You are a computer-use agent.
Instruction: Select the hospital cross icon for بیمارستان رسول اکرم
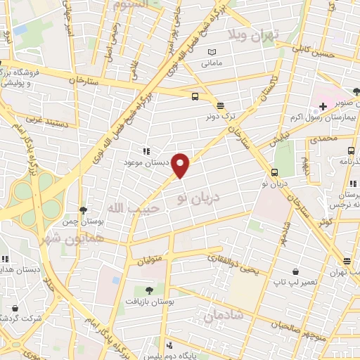pyautogui.click(x=323, y=106)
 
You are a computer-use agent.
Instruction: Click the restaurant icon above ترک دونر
pyautogui.click(x=221, y=105)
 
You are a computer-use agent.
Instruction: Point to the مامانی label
pyautogui.click(x=212, y=63)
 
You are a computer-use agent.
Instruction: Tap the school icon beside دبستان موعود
pyautogui.click(x=146, y=151)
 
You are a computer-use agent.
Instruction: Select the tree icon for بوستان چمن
pyautogui.click(x=83, y=210)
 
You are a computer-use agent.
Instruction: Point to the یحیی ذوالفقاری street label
pyautogui.click(x=235, y=266)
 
